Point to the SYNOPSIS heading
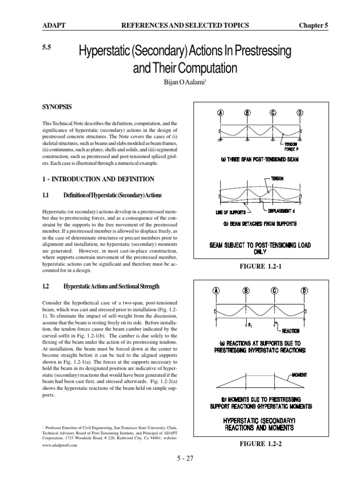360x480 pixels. coord(57,107)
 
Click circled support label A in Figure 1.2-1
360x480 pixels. coord(220,113)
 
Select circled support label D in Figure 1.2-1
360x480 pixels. coord(300,113)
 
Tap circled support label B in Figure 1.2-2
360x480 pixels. coord(246,291)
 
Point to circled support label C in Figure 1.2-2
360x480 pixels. coord(274,291)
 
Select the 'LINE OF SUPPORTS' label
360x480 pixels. coord(230,212)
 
